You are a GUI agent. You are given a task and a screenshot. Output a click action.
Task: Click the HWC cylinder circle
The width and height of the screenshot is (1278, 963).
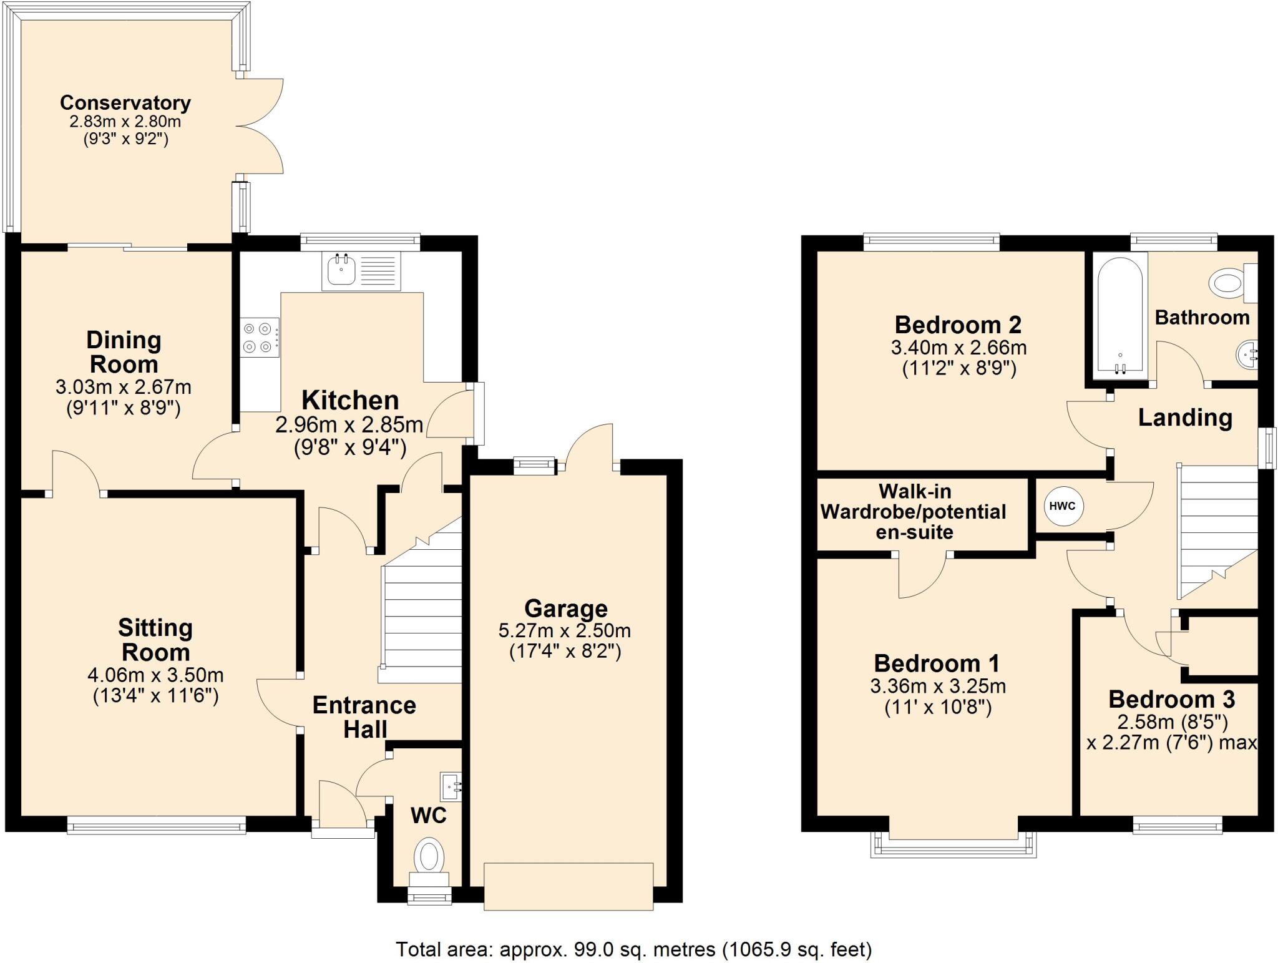click(1063, 506)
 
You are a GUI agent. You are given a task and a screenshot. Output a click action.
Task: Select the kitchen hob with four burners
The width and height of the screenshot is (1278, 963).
click(260, 337)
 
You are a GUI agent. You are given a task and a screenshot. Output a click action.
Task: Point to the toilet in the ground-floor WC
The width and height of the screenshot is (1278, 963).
click(429, 858)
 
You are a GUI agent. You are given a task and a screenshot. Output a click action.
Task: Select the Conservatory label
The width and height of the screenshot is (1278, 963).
click(125, 102)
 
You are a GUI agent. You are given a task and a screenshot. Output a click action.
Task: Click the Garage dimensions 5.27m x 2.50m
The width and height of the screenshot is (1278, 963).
click(565, 630)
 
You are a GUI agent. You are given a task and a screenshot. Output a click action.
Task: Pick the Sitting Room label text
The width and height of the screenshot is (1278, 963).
click(155, 640)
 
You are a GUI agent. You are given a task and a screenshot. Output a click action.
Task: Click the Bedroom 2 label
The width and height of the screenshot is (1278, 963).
click(958, 325)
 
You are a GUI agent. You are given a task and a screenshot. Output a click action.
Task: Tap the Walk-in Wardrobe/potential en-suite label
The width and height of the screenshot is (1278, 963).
click(914, 512)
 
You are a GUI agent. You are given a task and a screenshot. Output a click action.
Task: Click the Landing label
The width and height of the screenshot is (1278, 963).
click(1185, 417)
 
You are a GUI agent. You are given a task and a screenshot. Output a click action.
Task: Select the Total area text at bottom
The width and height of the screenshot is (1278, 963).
click(633, 949)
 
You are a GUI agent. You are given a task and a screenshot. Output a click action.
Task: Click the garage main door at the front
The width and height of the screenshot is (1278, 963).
click(568, 886)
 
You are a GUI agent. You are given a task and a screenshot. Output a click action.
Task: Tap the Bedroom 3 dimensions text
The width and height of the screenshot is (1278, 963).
click(1172, 733)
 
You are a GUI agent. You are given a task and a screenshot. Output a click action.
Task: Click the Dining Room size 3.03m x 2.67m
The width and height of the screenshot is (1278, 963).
click(124, 387)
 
